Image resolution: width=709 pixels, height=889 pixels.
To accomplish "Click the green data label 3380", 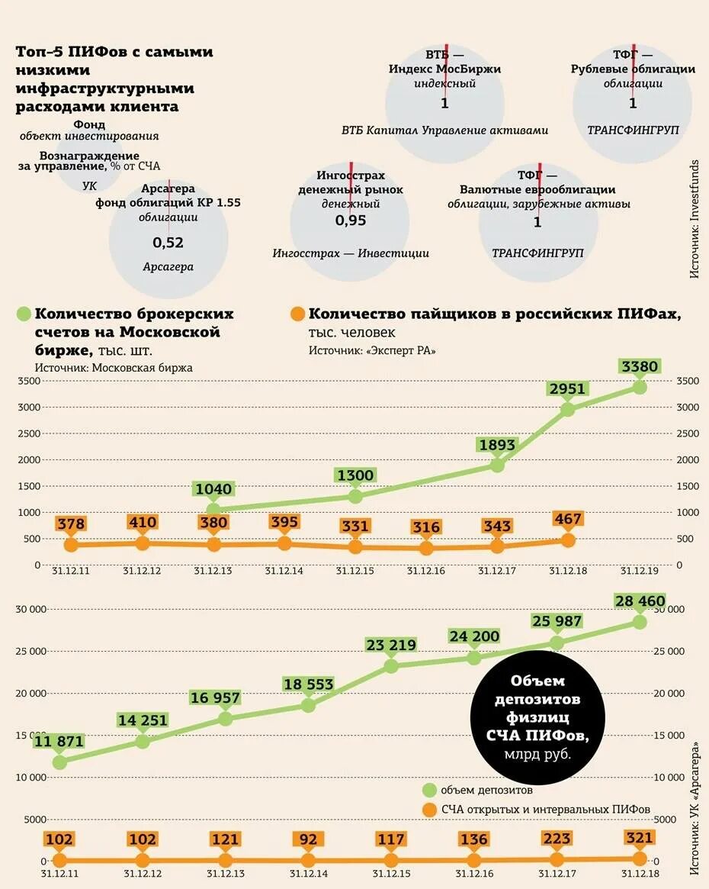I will click(640, 367).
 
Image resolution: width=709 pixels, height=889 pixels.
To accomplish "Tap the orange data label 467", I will click(567, 520).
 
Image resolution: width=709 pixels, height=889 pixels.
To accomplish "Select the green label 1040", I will click(213, 489).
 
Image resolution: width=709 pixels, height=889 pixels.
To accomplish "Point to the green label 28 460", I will click(640, 601).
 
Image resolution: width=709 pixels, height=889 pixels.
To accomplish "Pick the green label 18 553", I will click(307, 684).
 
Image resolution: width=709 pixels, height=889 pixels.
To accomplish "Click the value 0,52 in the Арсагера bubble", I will click(168, 243).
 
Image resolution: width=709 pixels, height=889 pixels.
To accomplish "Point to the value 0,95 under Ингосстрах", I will click(351, 221).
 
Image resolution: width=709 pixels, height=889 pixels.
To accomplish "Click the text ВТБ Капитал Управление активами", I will click(444, 130).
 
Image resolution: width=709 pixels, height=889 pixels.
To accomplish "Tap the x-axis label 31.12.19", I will click(639, 571).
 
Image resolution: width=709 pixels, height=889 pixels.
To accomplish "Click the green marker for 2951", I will click(568, 408).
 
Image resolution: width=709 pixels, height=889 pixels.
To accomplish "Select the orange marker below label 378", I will click(71, 545).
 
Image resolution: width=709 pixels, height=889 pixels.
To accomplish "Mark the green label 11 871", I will click(59, 741).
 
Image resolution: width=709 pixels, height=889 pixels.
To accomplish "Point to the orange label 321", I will click(640, 838).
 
